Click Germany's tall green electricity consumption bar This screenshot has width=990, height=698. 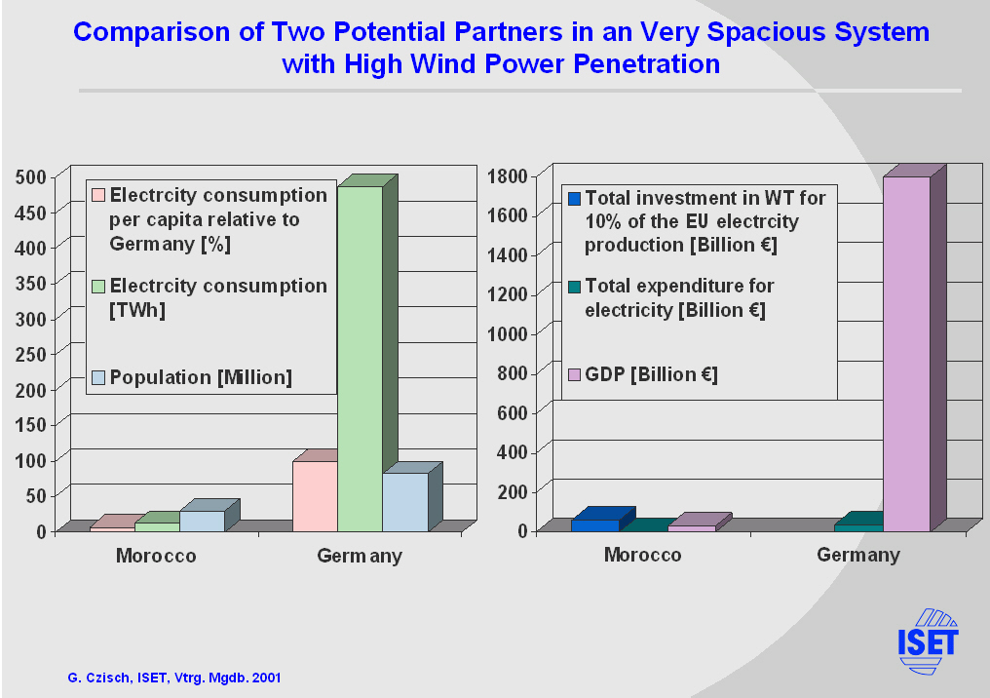360,358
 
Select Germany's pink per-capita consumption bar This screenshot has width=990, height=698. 315,496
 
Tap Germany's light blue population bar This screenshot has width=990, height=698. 405,501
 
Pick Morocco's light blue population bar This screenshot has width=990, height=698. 202,521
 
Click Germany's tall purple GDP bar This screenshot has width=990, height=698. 906,354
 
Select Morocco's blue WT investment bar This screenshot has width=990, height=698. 595,524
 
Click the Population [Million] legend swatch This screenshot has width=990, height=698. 98,377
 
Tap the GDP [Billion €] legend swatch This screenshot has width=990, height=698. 574,374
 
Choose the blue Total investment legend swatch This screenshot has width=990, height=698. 574,198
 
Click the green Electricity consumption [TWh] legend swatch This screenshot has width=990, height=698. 98,287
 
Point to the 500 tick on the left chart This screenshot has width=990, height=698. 31,177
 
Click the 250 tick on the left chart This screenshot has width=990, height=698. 31,355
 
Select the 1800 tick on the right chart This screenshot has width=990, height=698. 507,176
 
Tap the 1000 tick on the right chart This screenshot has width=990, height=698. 507,333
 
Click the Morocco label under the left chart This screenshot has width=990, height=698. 156,556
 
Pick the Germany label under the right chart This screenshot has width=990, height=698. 858,555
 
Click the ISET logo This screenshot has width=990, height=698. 928,641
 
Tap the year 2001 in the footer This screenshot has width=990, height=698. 266,678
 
